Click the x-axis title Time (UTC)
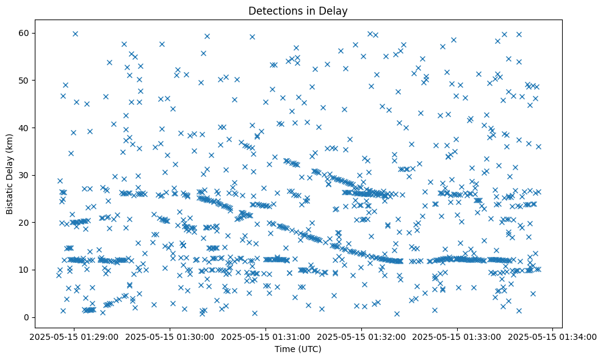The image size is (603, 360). [298, 350]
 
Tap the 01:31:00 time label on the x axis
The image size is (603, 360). [266, 337]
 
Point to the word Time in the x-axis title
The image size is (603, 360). [286, 350]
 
